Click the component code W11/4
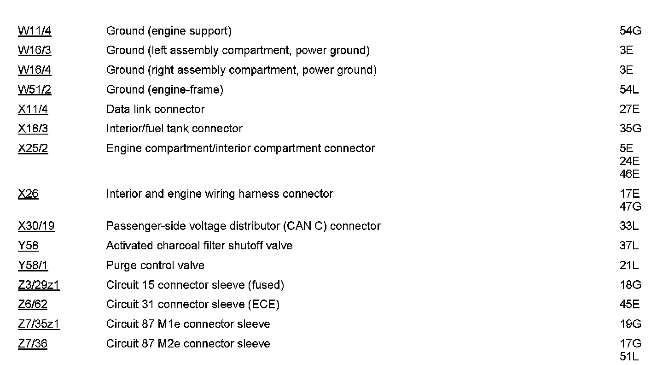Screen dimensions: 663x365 tap(35, 31)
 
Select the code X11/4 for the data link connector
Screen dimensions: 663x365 tap(33, 109)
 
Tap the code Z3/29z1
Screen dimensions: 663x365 tap(39, 285)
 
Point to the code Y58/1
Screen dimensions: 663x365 tap(33, 265)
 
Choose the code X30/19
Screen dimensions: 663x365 tap(36, 226)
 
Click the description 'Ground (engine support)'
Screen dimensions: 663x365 tap(169, 31)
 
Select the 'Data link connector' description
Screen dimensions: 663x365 tap(155, 109)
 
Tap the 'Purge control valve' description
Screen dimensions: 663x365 tap(155, 265)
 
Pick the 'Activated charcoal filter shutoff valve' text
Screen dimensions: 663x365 tap(199, 246)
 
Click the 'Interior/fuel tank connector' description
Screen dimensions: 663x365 tap(174, 129)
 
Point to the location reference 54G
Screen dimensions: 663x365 tap(630, 31)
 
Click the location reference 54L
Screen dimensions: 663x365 tap(629, 90)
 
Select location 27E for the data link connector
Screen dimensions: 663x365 tap(629, 109)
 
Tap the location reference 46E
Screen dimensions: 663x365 tap(629, 174)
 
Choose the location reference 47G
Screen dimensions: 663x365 tap(630, 206)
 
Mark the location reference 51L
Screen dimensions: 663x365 tap(629, 357)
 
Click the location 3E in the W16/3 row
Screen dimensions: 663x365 tap(626, 51)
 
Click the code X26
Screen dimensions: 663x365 tap(28, 194)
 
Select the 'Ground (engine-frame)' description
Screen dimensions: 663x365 tap(164, 90)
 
